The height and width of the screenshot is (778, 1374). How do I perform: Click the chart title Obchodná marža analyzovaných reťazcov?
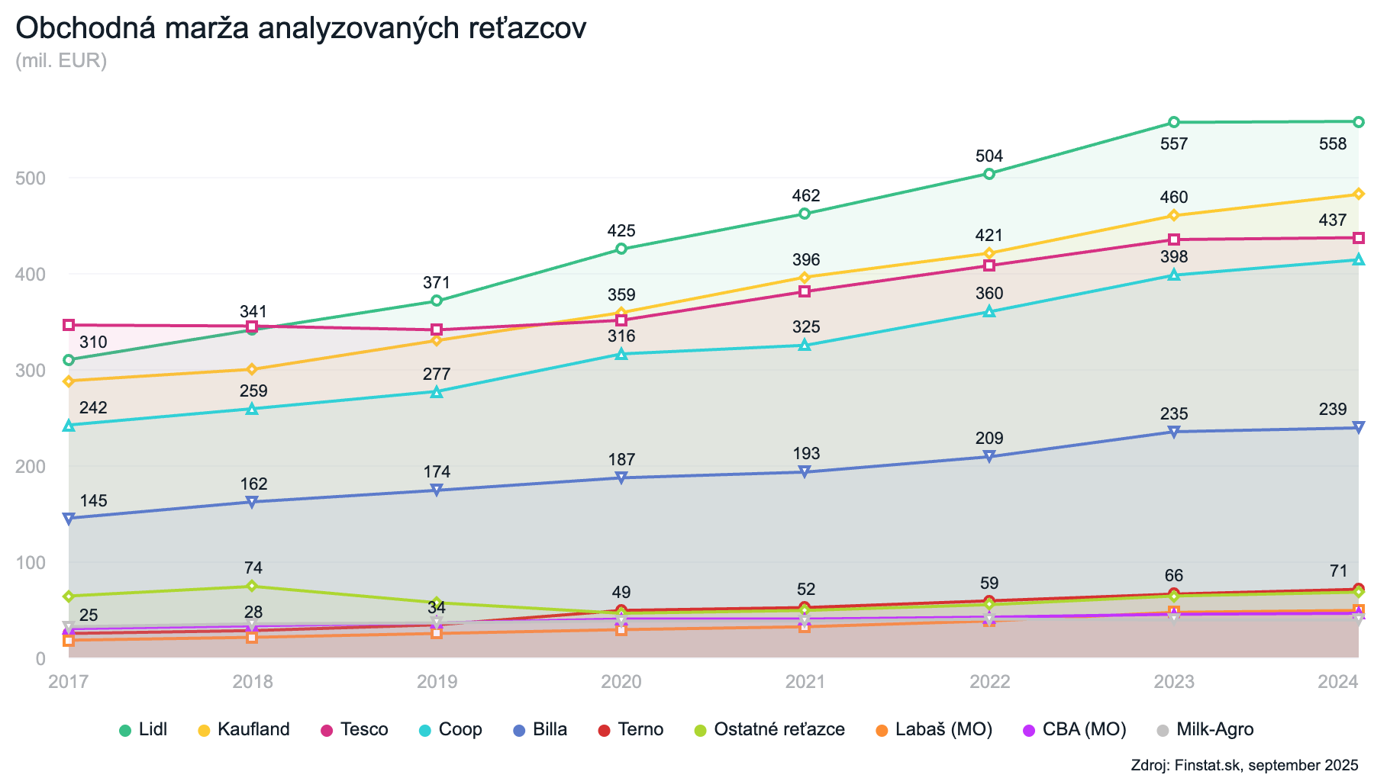pyautogui.click(x=301, y=29)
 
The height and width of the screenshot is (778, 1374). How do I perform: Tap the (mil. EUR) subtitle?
pyautogui.click(x=61, y=60)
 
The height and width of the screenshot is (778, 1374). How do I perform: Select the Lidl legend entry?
pyautogui.click(x=144, y=729)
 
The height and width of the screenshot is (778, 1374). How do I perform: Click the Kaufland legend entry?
pyautogui.click(x=245, y=729)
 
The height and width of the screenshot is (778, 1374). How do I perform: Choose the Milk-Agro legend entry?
pyautogui.click(x=1206, y=729)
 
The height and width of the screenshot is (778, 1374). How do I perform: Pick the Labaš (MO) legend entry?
pyautogui.click(x=934, y=729)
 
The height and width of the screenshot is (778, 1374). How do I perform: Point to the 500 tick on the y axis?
pyautogui.click(x=31, y=178)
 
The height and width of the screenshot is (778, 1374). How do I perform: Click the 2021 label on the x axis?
pyautogui.click(x=805, y=681)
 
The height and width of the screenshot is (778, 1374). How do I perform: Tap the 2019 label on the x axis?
pyautogui.click(x=437, y=681)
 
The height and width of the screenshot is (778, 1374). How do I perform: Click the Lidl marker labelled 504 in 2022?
pyautogui.click(x=989, y=174)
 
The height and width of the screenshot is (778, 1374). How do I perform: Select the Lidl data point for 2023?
pyautogui.click(x=1174, y=122)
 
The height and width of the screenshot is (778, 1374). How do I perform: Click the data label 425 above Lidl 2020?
pyautogui.click(x=621, y=231)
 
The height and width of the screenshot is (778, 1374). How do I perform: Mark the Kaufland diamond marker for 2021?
pyautogui.click(x=805, y=278)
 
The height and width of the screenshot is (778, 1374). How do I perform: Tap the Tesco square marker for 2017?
pyautogui.click(x=69, y=325)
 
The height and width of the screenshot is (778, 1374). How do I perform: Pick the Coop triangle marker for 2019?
pyautogui.click(x=437, y=391)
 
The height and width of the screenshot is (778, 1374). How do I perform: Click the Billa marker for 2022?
pyautogui.click(x=989, y=456)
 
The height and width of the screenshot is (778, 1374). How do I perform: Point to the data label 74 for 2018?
pyautogui.click(x=253, y=568)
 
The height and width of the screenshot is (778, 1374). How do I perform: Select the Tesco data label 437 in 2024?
pyautogui.click(x=1333, y=220)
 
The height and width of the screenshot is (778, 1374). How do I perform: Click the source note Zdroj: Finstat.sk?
pyautogui.click(x=1244, y=765)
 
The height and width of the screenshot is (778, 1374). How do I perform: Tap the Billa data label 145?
pyautogui.click(x=93, y=501)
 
